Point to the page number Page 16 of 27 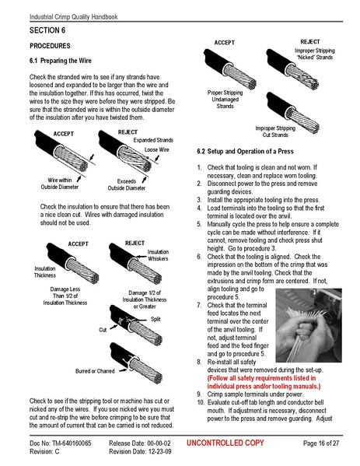320,443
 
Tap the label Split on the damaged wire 156,319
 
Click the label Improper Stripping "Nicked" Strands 313,54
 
